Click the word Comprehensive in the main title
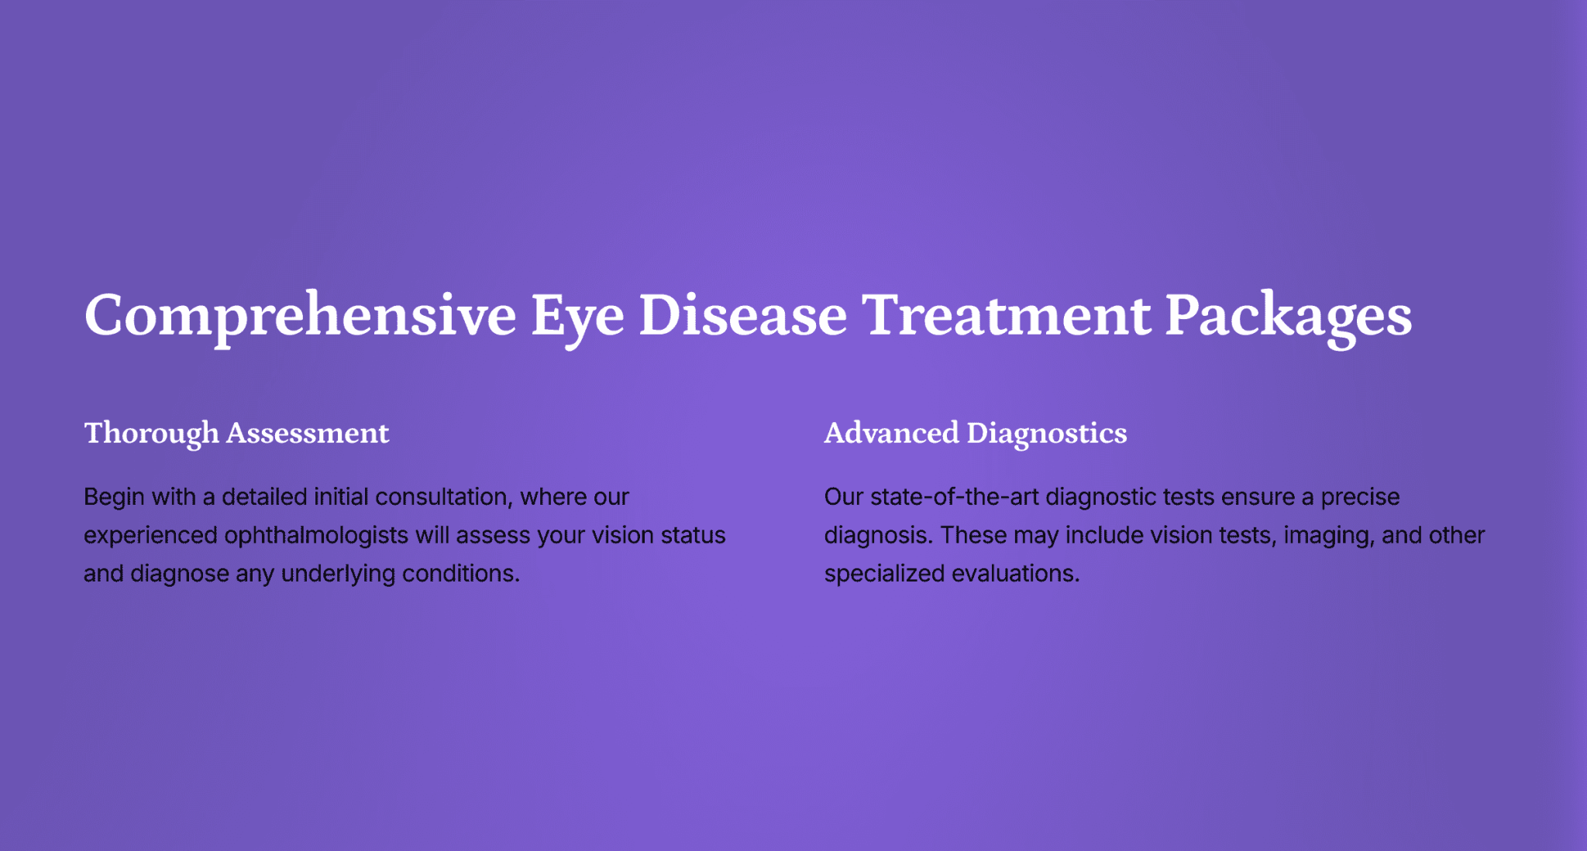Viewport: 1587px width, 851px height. click(300, 317)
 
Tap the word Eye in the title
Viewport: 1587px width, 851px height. click(577, 317)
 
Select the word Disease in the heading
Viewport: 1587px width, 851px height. click(743, 315)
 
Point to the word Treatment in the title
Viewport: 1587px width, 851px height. click(1007, 315)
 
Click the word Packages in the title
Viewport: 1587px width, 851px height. click(1289, 317)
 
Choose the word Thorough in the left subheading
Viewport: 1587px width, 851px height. click(151, 434)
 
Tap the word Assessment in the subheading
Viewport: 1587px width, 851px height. click(308, 433)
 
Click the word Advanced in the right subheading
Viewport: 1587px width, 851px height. click(891, 433)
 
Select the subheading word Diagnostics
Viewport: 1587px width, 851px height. click(1047, 434)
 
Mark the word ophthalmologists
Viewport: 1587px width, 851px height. click(316, 536)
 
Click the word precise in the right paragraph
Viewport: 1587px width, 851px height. click(1360, 498)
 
